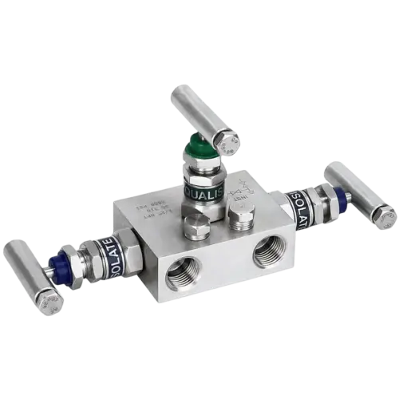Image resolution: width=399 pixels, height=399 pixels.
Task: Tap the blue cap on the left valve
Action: pos(58,265)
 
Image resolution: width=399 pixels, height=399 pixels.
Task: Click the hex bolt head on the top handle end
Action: pos(228,143)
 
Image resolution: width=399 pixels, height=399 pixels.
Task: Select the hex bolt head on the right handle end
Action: pos(383,217)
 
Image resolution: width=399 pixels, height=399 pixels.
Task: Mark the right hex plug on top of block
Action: pos(239,215)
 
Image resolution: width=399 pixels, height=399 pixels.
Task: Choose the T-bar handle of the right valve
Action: pos(359,192)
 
